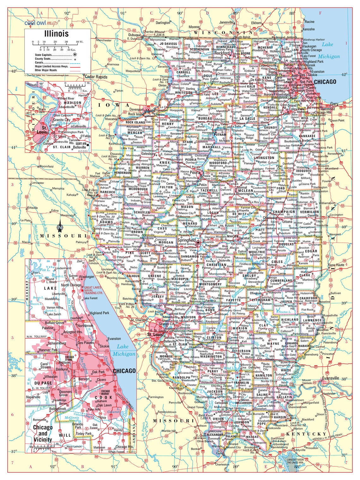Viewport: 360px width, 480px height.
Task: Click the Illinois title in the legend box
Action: pyautogui.click(x=56, y=34)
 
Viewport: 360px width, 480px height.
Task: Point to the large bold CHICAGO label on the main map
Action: pyautogui.click(x=325, y=82)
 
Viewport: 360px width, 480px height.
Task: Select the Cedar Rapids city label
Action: pyautogui.click(x=96, y=77)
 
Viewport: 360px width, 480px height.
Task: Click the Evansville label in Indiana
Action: pyautogui.click(x=330, y=378)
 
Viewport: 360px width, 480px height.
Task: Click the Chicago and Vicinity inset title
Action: pyautogui.click(x=43, y=433)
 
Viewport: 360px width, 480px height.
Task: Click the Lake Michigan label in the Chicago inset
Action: pyautogui.click(x=122, y=350)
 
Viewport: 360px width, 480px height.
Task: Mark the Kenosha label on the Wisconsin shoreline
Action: pyautogui.click(x=309, y=29)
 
